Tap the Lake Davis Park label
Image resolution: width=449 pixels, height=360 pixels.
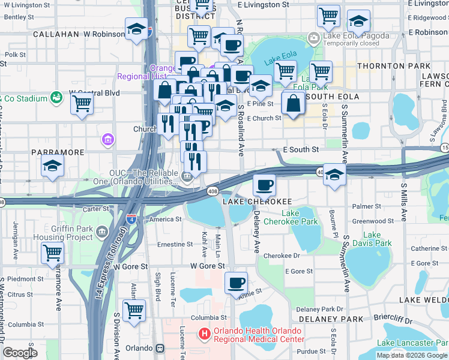(x=372, y=239)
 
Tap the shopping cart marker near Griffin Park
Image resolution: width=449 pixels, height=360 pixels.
(x=53, y=253)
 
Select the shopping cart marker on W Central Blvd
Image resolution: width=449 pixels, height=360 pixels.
(x=82, y=103)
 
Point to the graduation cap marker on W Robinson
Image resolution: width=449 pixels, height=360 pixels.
(x=136, y=29)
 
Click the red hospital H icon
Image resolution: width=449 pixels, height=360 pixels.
(x=205, y=333)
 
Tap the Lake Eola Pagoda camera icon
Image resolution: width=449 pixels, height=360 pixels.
(x=313, y=38)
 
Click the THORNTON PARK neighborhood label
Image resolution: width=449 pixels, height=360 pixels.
(x=394, y=65)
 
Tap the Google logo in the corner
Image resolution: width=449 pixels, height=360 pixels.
(x=20, y=353)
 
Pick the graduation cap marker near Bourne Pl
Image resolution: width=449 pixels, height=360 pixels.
(x=334, y=175)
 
